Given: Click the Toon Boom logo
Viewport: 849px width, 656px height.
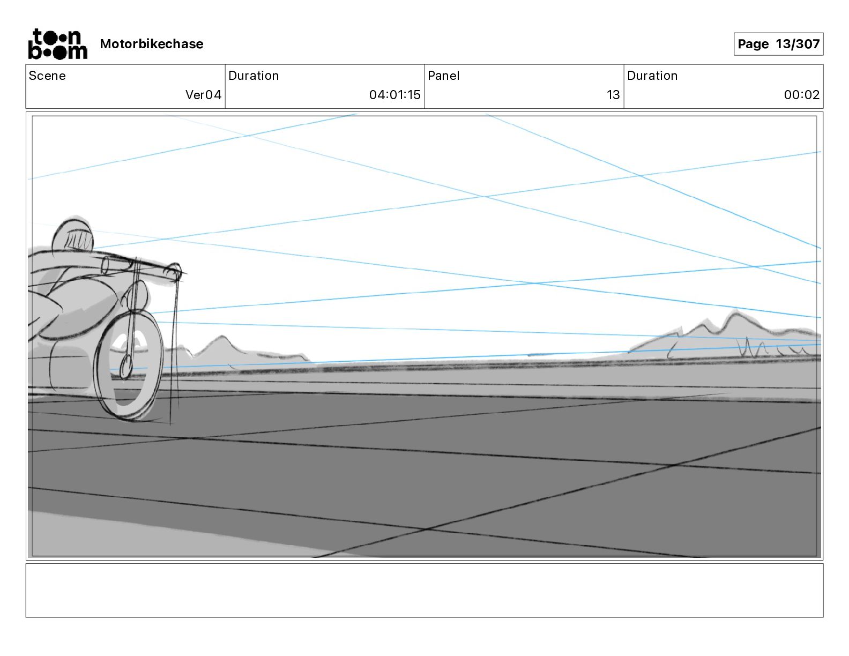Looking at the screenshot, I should (x=57, y=44).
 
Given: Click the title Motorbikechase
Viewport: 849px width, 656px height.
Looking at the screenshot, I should (x=152, y=44).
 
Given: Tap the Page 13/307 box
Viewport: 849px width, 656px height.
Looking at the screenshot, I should (x=778, y=44).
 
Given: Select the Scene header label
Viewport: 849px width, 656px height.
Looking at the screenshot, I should (x=47, y=76).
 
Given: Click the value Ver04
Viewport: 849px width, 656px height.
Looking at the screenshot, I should (x=203, y=95).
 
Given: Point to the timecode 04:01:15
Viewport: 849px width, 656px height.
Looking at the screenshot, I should (x=394, y=95).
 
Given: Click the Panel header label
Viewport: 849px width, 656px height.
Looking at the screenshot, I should (x=443, y=76).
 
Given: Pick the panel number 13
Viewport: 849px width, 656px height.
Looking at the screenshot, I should (x=613, y=95).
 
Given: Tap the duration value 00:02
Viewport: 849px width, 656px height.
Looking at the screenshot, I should (x=801, y=95).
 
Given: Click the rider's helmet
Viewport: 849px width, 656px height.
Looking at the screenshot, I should (x=73, y=234).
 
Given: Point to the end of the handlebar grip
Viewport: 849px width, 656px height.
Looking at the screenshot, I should (x=174, y=272).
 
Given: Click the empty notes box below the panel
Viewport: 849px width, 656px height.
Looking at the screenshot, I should (x=424, y=590).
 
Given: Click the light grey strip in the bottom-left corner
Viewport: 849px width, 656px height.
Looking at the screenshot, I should (x=107, y=536).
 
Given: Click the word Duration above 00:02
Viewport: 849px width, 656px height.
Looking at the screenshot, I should (x=652, y=76).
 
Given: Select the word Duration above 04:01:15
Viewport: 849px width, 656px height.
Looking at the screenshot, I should (x=254, y=76).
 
